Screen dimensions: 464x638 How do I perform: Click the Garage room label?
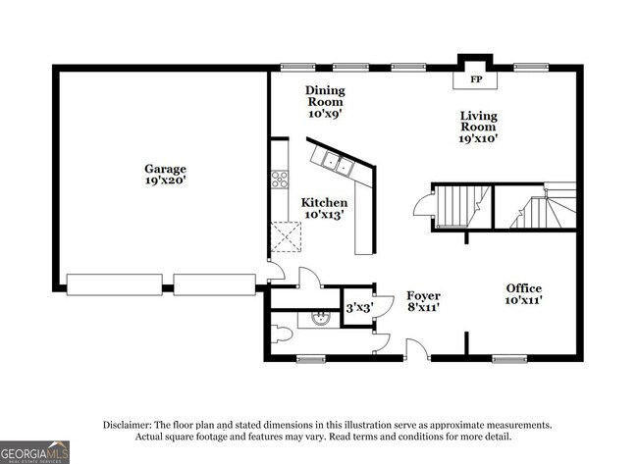click(x=165, y=169)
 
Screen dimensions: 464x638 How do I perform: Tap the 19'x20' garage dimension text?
click(x=165, y=181)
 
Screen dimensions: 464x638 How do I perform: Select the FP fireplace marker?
click(x=476, y=79)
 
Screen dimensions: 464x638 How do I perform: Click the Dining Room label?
click(x=326, y=96)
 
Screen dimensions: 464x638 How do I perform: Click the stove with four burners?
click(x=279, y=179)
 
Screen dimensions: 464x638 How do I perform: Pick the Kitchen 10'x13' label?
click(x=324, y=208)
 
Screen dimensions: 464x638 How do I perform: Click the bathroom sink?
click(x=318, y=317)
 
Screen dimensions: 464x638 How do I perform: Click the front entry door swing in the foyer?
click(x=416, y=347)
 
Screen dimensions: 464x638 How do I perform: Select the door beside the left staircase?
click(x=422, y=206)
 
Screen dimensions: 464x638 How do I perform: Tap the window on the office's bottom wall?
click(x=510, y=358)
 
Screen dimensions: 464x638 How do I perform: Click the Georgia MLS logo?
click(x=35, y=451)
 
